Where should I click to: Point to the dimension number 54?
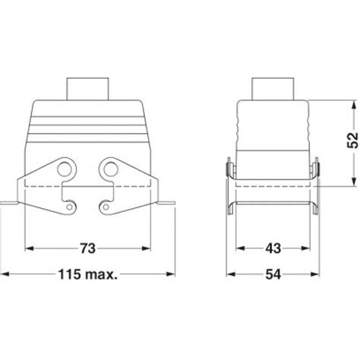[276, 273]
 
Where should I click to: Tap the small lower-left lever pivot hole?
[71, 204]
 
